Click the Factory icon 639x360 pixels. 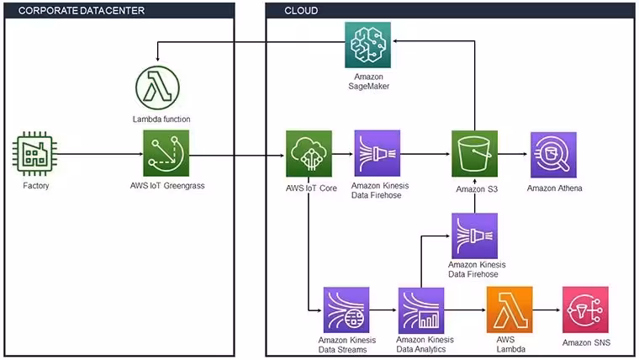[x=34, y=154]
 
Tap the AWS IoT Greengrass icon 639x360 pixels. [x=166, y=153]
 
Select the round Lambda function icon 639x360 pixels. [x=158, y=87]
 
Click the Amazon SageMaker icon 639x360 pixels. [x=367, y=45]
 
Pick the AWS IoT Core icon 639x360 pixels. [x=309, y=154]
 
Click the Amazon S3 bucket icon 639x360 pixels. [x=475, y=154]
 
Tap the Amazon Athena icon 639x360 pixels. [x=553, y=155]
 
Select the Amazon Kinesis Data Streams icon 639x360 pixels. [x=346, y=310]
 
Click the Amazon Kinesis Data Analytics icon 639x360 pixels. [x=421, y=310]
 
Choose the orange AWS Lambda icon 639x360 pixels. [x=510, y=310]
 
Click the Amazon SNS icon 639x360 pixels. [x=586, y=310]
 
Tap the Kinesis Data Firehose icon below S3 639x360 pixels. [x=475, y=236]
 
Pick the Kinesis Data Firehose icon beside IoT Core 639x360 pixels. [x=378, y=153]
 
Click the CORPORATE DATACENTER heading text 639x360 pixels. [x=82, y=11]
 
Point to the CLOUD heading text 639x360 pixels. [x=301, y=11]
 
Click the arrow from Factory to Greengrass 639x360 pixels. [x=100, y=154]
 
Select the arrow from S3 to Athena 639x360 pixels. [x=513, y=154]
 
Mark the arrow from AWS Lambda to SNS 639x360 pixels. [x=547, y=310]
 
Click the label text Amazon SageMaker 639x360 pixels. [x=369, y=81]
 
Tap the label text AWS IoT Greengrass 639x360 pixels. [x=167, y=186]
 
